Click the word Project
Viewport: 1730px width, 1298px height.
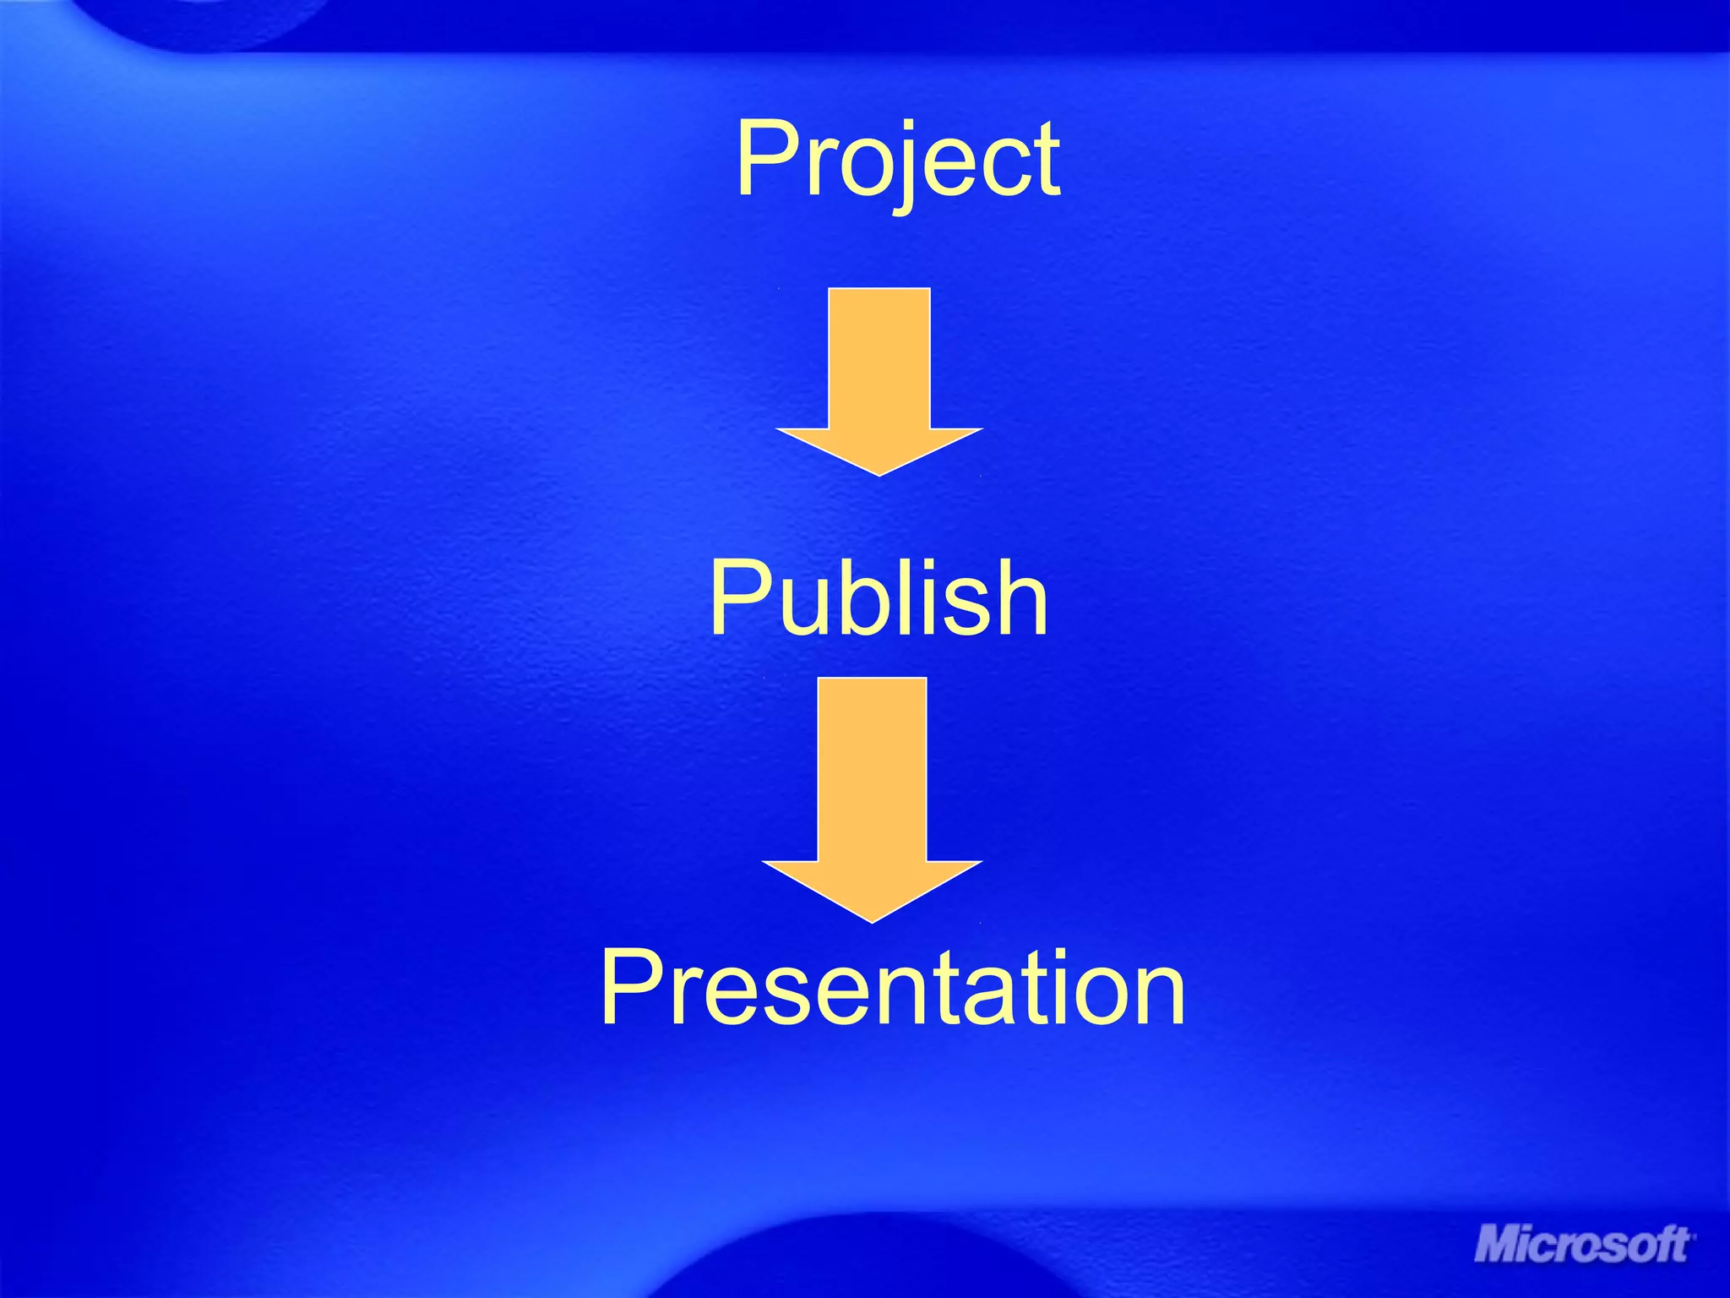898,161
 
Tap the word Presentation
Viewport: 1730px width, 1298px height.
893,987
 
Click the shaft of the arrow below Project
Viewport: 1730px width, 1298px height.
879,358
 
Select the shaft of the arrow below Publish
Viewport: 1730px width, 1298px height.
872,769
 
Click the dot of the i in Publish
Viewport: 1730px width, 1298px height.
927,566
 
